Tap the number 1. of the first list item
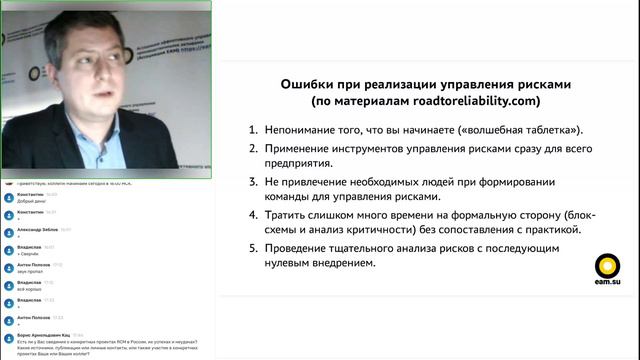(255, 130)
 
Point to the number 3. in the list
(255, 182)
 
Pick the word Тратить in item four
(290, 215)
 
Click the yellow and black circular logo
(607, 266)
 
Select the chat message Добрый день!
(30, 202)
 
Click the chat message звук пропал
(29, 271)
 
